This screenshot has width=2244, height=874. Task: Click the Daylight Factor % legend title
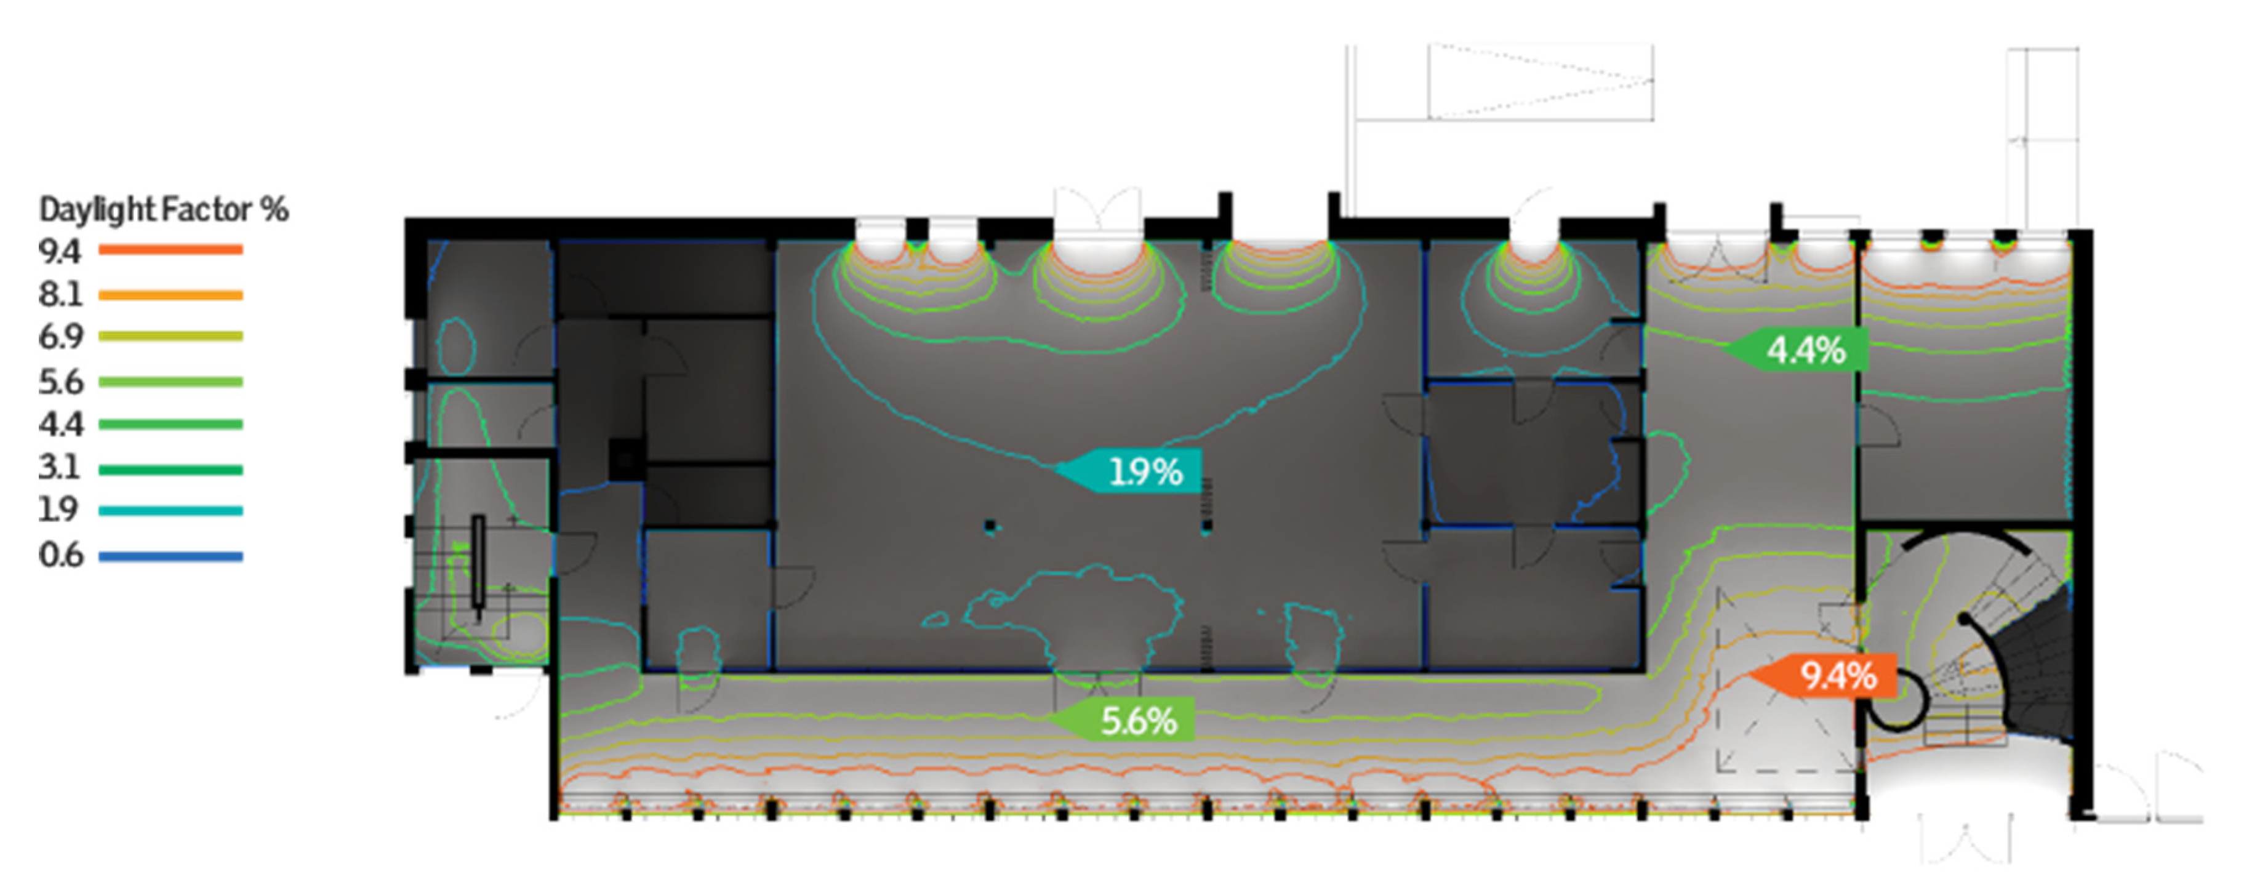pos(164,210)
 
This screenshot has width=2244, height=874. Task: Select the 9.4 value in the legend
pos(59,251)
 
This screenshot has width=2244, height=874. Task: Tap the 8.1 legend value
pos(59,295)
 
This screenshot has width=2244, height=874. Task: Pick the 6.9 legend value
pos(59,336)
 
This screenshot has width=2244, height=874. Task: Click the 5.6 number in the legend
pos(59,382)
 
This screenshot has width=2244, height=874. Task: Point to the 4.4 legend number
pos(59,424)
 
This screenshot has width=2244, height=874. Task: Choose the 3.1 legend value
pos(59,468)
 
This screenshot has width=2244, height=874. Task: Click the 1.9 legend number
pos(57,510)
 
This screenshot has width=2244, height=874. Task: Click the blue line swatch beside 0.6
pos(170,556)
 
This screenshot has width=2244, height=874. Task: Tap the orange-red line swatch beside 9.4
pos(170,250)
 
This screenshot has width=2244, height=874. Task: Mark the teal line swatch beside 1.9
pos(170,511)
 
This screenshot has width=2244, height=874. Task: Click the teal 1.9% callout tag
pos(1132,471)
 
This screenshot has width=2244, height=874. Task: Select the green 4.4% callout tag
pos(1800,350)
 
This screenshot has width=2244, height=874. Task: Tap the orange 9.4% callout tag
pos(1829,675)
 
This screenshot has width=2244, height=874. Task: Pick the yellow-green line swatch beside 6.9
pos(170,336)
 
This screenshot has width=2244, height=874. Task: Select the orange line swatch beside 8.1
pos(170,295)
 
